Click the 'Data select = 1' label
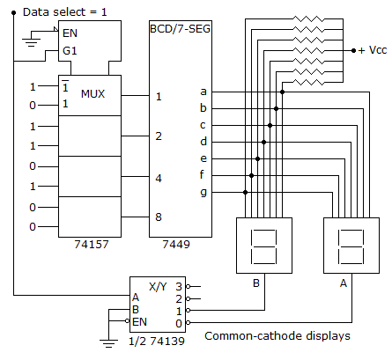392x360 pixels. [x=65, y=12]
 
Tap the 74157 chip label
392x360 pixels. [x=92, y=244]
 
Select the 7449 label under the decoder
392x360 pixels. [x=176, y=244]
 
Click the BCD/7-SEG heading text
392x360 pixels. [x=181, y=29]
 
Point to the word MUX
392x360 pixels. [x=92, y=94]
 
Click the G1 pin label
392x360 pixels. [x=70, y=51]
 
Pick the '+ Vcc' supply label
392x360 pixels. [x=373, y=50]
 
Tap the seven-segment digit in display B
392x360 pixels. [x=263, y=246]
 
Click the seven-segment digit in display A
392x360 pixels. [x=351, y=246]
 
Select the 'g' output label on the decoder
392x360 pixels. [x=203, y=193]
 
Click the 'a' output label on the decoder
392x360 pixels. [x=203, y=92]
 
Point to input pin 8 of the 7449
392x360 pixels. [x=159, y=217]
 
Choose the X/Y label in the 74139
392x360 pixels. [x=158, y=286]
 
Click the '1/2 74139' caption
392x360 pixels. [x=157, y=342]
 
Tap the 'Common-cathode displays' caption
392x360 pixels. [x=277, y=336]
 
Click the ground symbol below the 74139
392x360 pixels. [x=108, y=343]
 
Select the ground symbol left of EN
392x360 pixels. [x=31, y=42]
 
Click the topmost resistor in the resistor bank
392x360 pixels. [x=309, y=19]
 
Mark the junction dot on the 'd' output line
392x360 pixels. [x=263, y=143]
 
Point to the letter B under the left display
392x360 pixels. [x=256, y=283]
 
